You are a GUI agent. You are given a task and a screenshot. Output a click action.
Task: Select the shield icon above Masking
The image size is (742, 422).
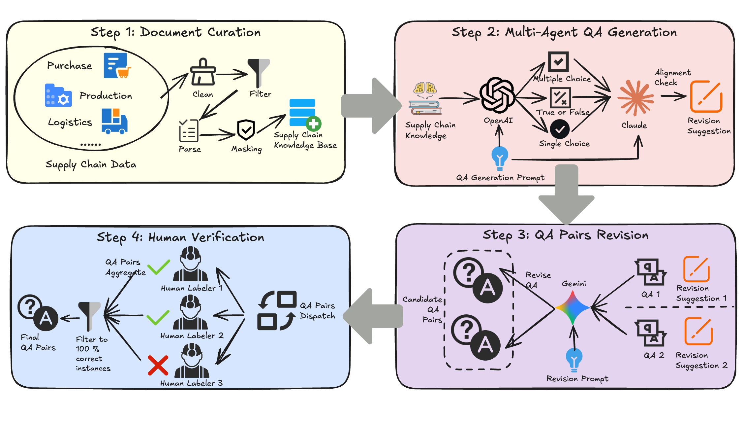point(246,130)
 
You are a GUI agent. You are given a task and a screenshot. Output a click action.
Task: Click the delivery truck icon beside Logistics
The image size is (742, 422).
point(114,121)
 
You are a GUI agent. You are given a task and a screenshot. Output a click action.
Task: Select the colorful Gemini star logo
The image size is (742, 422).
point(572,307)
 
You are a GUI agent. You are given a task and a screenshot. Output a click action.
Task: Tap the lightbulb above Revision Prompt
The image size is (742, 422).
point(574,359)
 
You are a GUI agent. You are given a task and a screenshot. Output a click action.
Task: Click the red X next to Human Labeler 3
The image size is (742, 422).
point(158,365)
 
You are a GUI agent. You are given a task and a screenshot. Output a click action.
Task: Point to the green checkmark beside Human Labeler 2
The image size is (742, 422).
point(158,318)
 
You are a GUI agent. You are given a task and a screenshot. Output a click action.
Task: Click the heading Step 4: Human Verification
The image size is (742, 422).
point(180,237)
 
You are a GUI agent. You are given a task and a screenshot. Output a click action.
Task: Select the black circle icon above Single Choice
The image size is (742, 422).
point(560,129)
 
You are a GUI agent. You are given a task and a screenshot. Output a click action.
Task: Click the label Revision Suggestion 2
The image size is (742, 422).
point(701,360)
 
